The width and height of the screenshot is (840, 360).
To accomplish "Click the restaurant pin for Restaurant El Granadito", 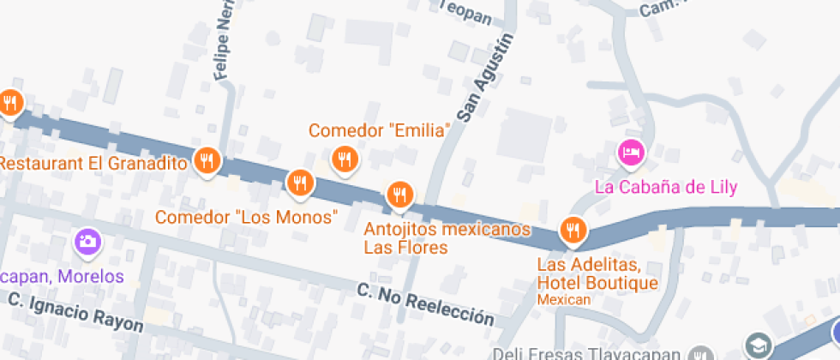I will coord(207,160).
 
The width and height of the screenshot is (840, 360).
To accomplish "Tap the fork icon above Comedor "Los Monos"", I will coord(299,183).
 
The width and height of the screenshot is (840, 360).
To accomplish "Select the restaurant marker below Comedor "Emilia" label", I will coord(345,159).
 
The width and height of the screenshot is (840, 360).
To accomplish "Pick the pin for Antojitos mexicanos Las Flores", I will coord(399,195).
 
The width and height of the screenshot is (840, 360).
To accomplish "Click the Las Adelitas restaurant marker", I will coord(573,230).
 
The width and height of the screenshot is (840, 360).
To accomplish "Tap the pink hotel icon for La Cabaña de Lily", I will coord(631,153).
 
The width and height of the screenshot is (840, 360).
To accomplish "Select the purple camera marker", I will coord(87,243).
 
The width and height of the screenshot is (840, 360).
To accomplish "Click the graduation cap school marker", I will coord(758,346).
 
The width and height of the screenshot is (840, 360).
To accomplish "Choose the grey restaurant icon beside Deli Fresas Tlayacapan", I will coord(702,354).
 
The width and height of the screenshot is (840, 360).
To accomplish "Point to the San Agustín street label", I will coord(483,77).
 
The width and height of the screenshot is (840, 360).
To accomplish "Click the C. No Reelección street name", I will coord(426,306).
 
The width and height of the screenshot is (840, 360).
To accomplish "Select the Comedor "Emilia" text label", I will coord(380,131).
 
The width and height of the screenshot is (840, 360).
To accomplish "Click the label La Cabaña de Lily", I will coord(666,187).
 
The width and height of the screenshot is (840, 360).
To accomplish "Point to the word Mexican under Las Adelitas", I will coord(564,299).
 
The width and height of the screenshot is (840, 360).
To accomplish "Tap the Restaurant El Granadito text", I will coord(94,163).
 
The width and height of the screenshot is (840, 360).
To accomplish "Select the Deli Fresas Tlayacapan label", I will coord(591,354).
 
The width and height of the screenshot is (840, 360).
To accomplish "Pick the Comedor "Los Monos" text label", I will coord(246,217).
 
